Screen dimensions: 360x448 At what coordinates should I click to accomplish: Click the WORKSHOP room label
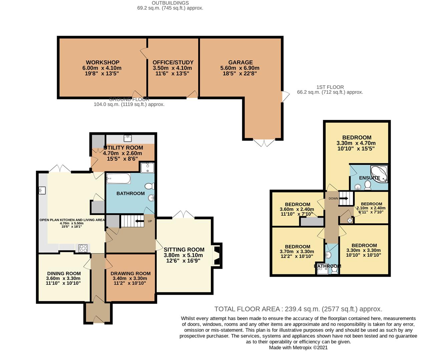(102, 62)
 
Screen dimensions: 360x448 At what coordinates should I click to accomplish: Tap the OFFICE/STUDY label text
(173, 62)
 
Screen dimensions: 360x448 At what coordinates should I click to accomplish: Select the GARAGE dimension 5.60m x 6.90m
(240, 68)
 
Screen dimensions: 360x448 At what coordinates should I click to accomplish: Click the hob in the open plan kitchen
(83, 248)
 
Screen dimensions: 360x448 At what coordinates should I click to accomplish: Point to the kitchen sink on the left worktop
(42, 190)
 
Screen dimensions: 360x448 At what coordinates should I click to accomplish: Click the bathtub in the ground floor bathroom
(118, 179)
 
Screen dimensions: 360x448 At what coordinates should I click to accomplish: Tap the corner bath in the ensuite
(379, 174)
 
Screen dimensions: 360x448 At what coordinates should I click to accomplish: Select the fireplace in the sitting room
(217, 255)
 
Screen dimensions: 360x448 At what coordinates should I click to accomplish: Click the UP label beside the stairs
(150, 221)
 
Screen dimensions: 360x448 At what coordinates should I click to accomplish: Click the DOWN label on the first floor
(333, 198)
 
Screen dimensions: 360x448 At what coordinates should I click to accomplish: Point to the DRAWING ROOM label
(130, 273)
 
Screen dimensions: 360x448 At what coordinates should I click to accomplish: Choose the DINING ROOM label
(64, 273)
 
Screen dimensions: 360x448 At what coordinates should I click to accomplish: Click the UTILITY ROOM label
(123, 148)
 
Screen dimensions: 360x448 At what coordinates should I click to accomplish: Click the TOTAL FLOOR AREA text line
(298, 309)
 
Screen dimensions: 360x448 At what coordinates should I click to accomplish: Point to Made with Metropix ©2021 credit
(298, 347)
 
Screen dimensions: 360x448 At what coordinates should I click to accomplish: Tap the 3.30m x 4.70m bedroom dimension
(356, 143)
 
